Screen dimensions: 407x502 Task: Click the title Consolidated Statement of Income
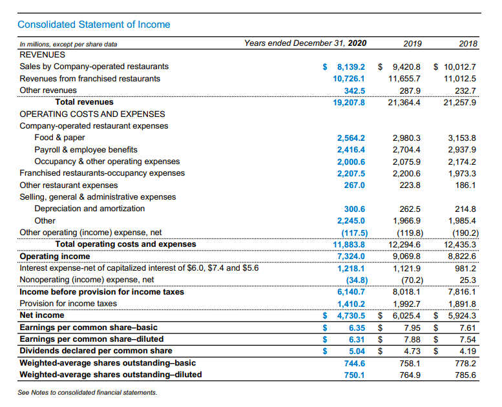coord(94,25)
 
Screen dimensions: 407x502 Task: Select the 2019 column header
coord(412,44)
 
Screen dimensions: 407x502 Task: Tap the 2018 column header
coord(468,44)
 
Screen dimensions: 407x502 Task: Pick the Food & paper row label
coord(59,138)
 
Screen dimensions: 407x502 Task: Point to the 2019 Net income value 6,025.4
coord(405,315)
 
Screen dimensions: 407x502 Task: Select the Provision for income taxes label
coord(68,304)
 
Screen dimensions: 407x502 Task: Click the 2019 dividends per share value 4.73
coord(412,351)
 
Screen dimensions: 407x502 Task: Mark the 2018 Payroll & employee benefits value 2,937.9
coord(461,150)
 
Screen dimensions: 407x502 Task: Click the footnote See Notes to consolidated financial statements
coord(88,392)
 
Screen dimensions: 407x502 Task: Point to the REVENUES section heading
coord(43,55)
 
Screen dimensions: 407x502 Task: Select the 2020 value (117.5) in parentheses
coord(354,233)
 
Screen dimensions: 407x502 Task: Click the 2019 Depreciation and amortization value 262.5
coord(411,209)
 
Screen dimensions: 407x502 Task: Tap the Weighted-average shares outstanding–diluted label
coord(110,375)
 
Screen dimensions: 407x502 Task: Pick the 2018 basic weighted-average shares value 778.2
coord(465,363)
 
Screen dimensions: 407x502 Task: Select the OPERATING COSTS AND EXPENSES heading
coord(83,114)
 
